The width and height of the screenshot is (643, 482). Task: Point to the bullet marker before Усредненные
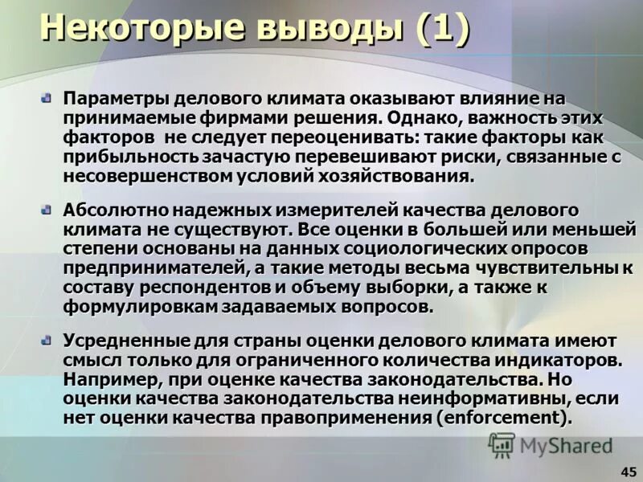point(46,340)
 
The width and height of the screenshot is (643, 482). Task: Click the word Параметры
point(109,99)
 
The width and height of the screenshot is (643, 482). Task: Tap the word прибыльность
point(129,157)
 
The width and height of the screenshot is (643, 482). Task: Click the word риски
point(461,157)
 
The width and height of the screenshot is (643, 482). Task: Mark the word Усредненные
point(121,341)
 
